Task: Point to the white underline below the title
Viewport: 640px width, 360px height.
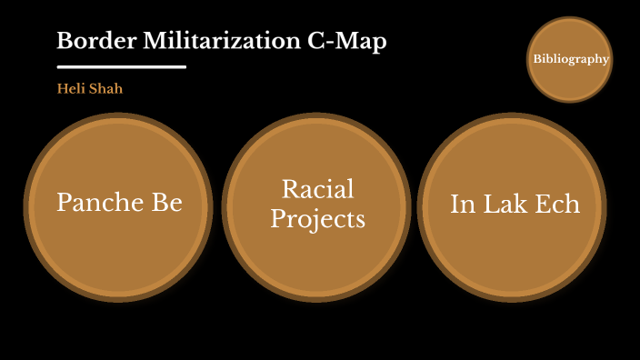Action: [x=121, y=67]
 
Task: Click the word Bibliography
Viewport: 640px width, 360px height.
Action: [x=570, y=59]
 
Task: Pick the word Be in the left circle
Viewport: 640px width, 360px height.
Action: [x=166, y=203]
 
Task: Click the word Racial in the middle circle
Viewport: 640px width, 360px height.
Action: [x=317, y=189]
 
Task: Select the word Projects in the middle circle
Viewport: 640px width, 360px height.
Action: [x=317, y=219]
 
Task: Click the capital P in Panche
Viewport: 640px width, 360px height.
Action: [x=65, y=203]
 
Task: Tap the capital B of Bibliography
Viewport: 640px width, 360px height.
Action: [x=536, y=59]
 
